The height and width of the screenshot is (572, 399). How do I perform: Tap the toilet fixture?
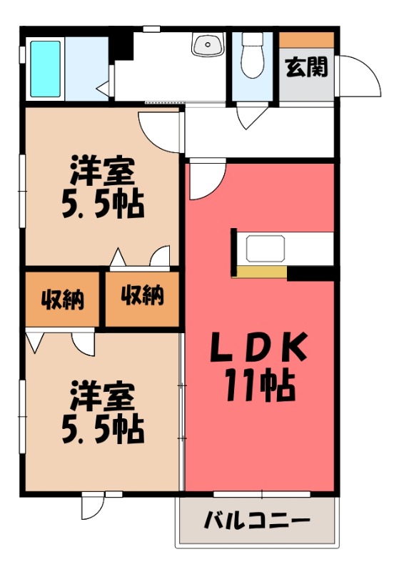252,56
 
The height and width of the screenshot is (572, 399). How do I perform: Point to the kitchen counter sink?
266,250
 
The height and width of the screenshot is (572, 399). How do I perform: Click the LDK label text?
258,350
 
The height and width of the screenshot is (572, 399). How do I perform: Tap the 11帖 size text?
258,387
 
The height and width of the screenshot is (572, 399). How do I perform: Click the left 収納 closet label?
62,300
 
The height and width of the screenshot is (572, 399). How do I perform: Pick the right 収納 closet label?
143,295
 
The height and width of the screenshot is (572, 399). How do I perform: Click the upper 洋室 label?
101,173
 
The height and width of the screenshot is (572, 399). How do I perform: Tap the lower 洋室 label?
101,396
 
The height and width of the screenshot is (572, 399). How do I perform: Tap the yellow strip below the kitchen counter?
262,272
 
